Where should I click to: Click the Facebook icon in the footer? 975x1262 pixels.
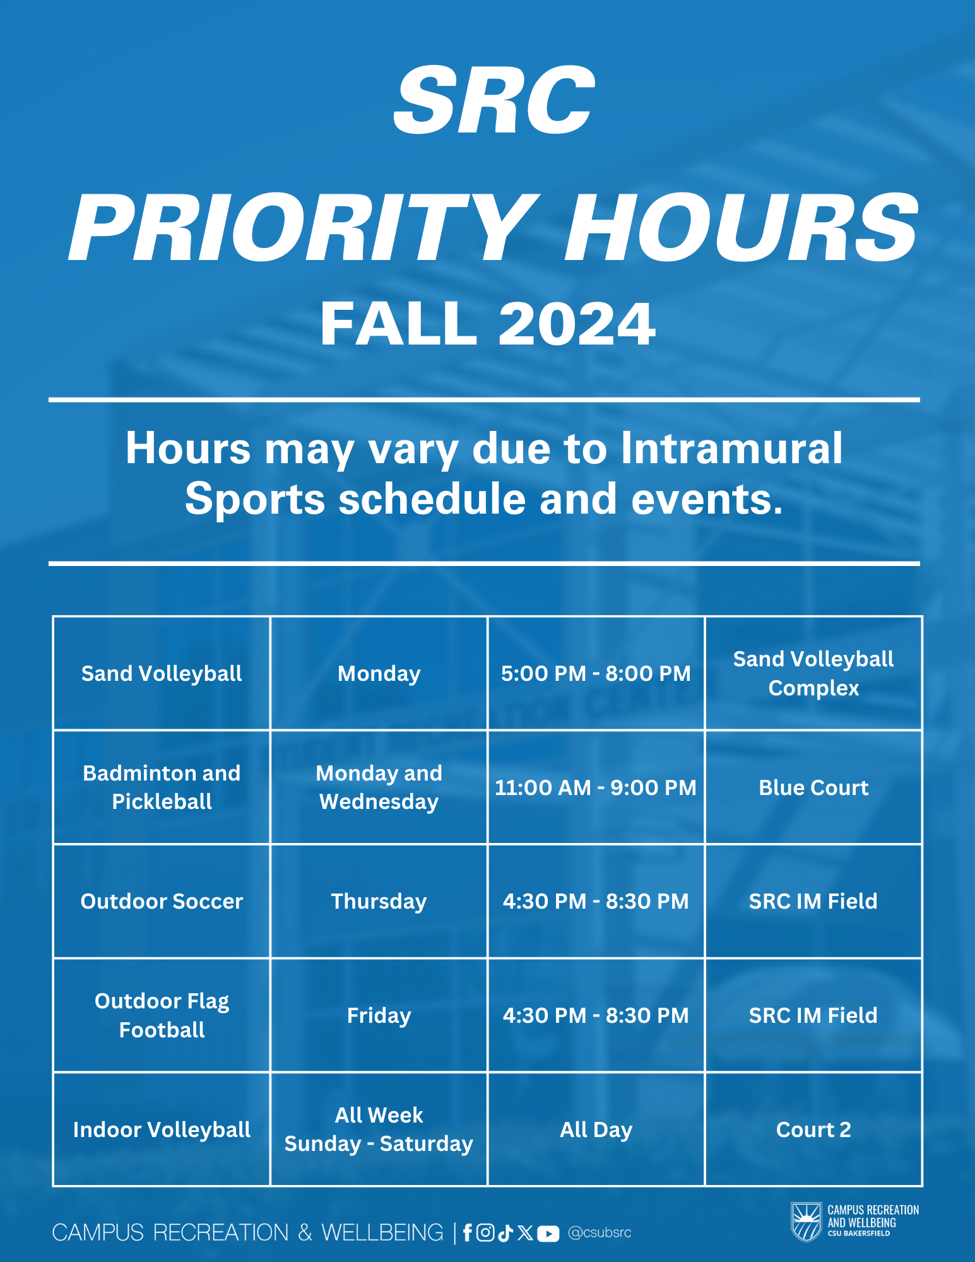pyautogui.click(x=467, y=1233)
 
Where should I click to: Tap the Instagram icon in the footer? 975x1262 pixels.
pyautogui.click(x=485, y=1233)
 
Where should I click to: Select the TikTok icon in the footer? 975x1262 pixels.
pyautogui.click(x=505, y=1233)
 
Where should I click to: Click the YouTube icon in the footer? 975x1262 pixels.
pyautogui.click(x=548, y=1234)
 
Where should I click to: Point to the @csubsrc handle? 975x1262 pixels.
pyautogui.click(x=600, y=1233)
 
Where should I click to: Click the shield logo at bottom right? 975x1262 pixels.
pyautogui.click(x=806, y=1222)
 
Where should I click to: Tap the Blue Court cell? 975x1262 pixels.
pyautogui.click(x=813, y=787)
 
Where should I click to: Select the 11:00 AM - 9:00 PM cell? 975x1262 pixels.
pyautogui.click(x=596, y=787)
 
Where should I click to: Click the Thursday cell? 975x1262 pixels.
pyautogui.click(x=379, y=901)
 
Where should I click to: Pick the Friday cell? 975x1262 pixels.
pyautogui.click(x=379, y=1015)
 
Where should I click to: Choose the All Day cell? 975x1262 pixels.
pyautogui.click(x=596, y=1129)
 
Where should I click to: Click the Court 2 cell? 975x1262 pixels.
pyautogui.click(x=813, y=1129)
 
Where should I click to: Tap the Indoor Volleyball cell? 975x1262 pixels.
pyautogui.click(x=162, y=1129)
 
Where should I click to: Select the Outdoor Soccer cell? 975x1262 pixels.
pyautogui.click(x=162, y=901)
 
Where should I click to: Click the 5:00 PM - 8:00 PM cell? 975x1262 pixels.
pyautogui.click(x=596, y=673)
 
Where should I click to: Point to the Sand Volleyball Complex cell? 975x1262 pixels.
pyautogui.click(x=813, y=673)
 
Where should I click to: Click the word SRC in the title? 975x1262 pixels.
pyautogui.click(x=493, y=101)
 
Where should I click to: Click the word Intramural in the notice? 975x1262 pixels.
pyautogui.click(x=731, y=449)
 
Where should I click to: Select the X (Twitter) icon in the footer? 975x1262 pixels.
pyautogui.click(x=525, y=1233)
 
